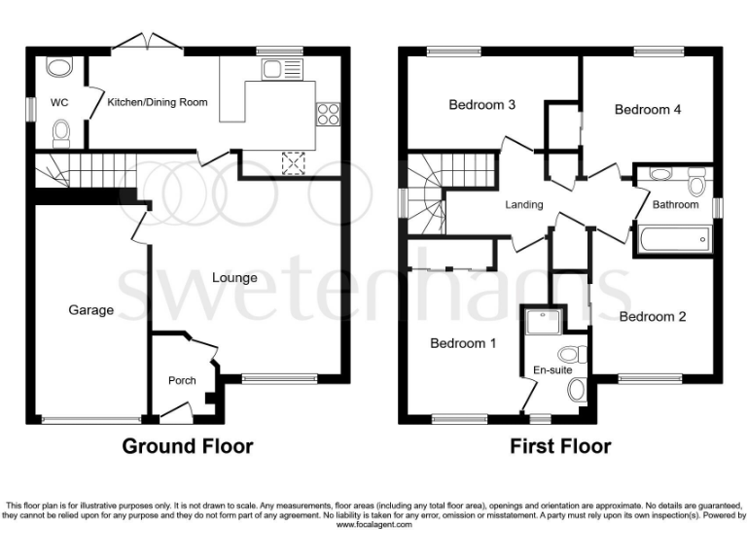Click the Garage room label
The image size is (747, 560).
[90, 310]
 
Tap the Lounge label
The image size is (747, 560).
[234, 278]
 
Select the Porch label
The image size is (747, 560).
[182, 380]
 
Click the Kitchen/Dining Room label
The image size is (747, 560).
[157, 101]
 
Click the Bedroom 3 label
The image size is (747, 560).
[481, 105]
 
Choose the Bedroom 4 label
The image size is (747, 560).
[648, 110]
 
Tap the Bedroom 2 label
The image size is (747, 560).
[653, 317]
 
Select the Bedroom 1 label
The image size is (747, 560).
[464, 343]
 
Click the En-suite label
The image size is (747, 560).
[551, 370]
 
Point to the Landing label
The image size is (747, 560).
[523, 205]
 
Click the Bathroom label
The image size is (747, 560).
[675, 205]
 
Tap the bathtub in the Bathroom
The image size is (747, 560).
[673, 239]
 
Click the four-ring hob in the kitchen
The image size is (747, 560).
[327, 114]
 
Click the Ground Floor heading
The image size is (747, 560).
[187, 446]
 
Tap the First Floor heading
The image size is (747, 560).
[560, 446]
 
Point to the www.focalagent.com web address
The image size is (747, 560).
[373, 525]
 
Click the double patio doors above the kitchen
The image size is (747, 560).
[146, 42]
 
